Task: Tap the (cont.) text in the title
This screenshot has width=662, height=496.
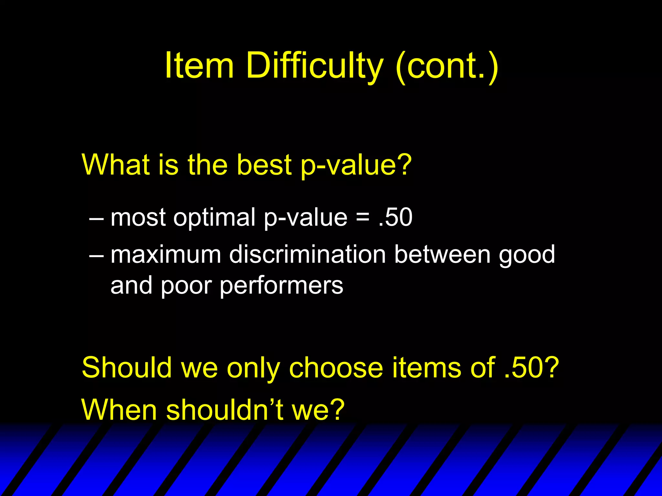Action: coord(446,66)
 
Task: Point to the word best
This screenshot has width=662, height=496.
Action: coord(264,165)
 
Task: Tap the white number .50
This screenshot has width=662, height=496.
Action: coord(395,217)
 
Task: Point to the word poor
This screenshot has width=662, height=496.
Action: coord(186,286)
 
